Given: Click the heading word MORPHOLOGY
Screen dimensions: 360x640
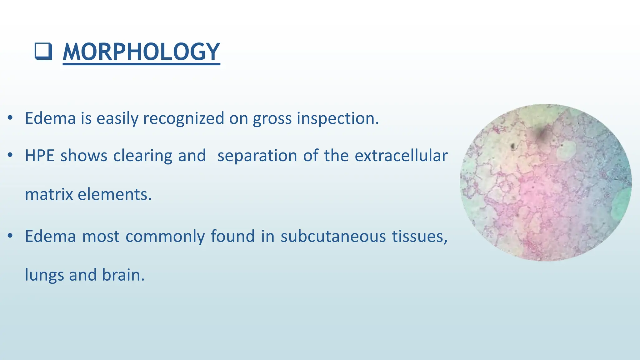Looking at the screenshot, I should (x=141, y=52).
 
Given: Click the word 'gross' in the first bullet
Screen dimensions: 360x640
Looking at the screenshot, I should (x=272, y=118).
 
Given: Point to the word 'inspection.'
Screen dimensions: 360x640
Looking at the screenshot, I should (x=337, y=118).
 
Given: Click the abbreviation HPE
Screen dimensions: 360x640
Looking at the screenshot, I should (x=40, y=156).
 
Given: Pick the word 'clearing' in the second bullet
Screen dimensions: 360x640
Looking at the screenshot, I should (x=142, y=156).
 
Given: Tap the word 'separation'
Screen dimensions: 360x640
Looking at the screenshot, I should (x=257, y=156).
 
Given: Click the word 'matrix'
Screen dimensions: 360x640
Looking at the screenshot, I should (x=49, y=194).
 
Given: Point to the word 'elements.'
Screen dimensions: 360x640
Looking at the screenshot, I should (x=114, y=194).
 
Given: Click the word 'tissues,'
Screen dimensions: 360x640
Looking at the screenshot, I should (x=420, y=236).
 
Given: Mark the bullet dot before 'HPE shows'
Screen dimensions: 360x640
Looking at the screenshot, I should (x=10, y=155).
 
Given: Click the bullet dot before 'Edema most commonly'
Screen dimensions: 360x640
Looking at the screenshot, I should (x=10, y=235).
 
